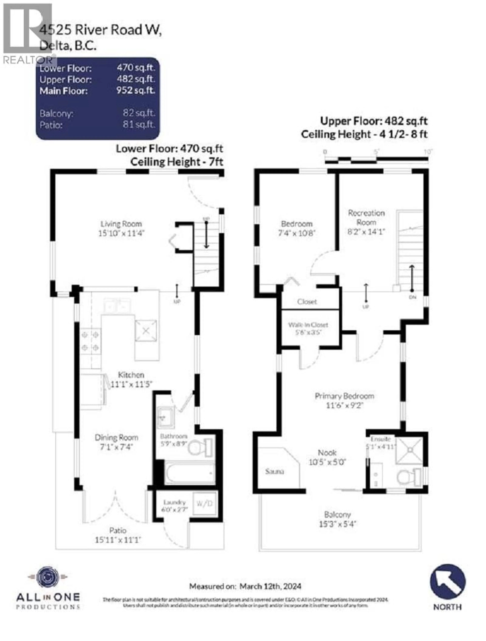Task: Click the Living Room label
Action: pyautogui.click(x=121, y=228)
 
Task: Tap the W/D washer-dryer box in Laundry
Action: pyautogui.click(x=204, y=504)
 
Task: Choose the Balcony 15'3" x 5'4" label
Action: pyautogui.click(x=338, y=519)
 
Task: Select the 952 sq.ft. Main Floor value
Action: pyautogui.click(x=135, y=90)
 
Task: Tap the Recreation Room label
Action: pyautogui.click(x=366, y=222)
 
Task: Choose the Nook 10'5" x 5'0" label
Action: pyautogui.click(x=327, y=457)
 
